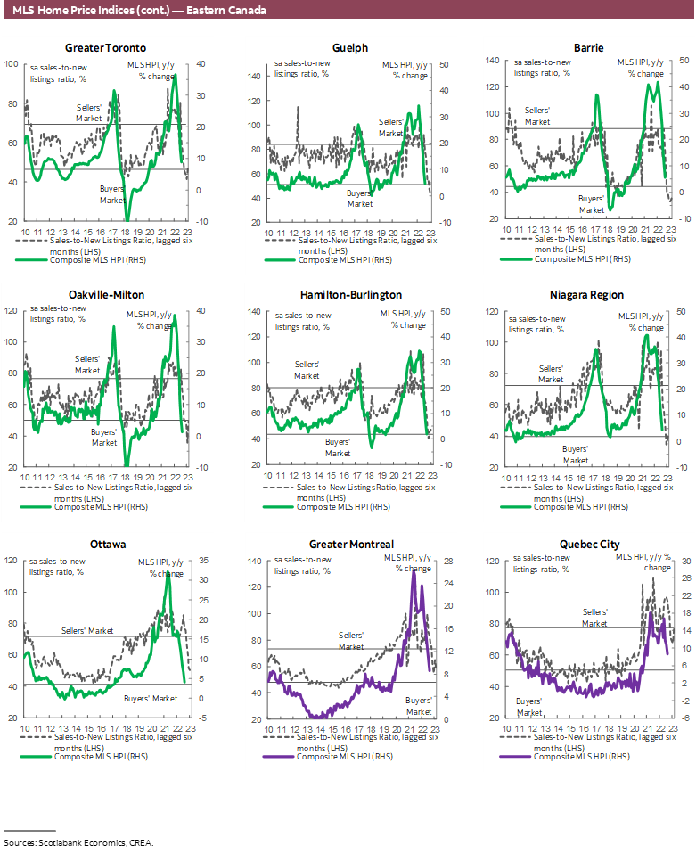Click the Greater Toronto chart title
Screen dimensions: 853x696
pos(106,48)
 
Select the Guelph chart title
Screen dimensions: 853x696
pos(349,48)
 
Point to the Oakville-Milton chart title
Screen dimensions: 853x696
pos(106,295)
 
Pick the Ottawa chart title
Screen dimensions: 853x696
pos(106,545)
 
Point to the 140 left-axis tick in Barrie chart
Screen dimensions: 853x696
pos(491,61)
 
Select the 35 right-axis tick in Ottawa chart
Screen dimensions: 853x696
pos(203,561)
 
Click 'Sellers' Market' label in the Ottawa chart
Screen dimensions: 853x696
pos(87,631)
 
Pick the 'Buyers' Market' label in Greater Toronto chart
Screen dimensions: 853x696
pos(112,194)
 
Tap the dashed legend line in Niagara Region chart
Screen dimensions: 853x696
pos(518,489)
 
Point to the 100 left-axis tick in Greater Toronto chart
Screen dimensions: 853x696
pos(11,64)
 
